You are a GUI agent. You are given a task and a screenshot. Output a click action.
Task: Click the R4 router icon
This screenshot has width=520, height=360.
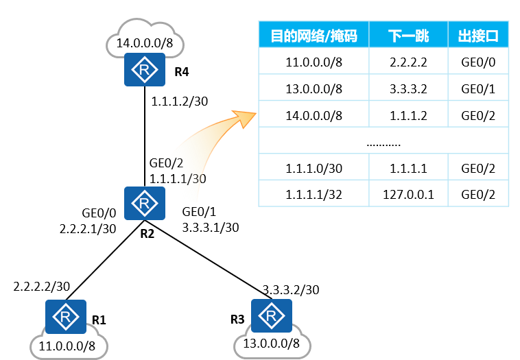145,70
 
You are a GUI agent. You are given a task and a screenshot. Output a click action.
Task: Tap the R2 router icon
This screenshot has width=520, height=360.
145,203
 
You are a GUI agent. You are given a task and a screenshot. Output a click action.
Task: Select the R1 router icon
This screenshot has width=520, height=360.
67,316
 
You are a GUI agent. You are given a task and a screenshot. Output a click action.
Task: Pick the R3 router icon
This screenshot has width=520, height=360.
272,316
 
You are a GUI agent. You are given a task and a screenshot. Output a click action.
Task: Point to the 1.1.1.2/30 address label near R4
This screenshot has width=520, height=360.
180,101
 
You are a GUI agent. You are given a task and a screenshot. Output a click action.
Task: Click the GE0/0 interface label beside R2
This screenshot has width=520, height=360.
100,213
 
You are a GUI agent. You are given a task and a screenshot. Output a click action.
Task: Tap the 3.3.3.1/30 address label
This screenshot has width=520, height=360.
211,227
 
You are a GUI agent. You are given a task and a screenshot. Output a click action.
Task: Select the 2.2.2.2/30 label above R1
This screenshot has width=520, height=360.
42,285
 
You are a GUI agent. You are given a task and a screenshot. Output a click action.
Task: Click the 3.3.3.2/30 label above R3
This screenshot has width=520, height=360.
291,289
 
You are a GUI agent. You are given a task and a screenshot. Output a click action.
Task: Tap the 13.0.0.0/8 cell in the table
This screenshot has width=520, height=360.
314,88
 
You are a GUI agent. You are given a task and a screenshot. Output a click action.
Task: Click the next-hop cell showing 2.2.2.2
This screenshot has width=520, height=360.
408,62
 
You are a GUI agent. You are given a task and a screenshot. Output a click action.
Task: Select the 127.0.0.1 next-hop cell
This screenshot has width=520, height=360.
408,193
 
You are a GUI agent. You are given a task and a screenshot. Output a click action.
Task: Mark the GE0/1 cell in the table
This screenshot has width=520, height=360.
478,88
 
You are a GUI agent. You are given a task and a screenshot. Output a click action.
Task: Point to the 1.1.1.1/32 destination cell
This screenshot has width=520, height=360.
314,193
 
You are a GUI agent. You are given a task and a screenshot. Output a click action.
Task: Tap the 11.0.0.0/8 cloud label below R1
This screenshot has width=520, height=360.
67,346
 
